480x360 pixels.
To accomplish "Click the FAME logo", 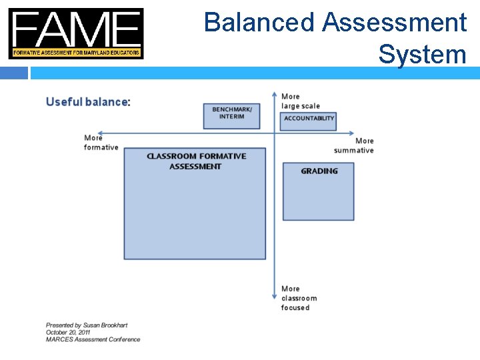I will [75, 33].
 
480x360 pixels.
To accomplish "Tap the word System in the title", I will [422, 53].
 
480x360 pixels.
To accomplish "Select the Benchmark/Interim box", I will [232, 115].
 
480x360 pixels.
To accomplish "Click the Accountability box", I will [309, 120].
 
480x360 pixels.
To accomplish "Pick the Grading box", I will [319, 191].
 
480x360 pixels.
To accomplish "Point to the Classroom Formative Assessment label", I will [196, 161].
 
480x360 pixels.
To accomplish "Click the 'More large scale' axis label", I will [300, 101].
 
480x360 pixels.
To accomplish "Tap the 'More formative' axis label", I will [101, 143].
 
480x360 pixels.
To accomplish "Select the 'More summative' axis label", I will [354, 145].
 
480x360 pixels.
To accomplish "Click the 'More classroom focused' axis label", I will [298, 298].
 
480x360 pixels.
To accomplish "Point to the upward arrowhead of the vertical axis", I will [275, 95].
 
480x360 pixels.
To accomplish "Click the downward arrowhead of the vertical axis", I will [275, 296].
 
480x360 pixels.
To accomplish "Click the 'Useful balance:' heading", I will [87, 102].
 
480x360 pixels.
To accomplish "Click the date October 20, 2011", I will [68, 332].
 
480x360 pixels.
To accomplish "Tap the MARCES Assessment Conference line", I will [93, 339].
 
